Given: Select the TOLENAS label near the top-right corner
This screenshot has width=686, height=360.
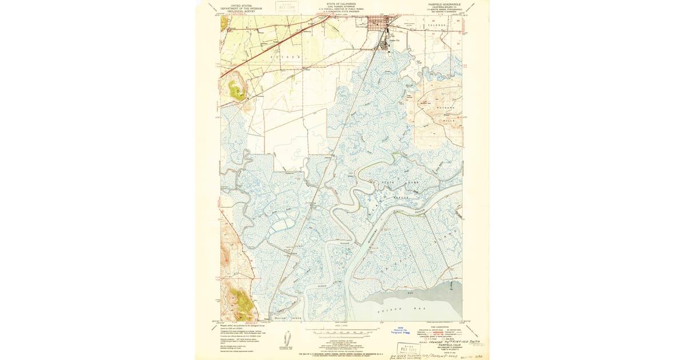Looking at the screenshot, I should point(437,25).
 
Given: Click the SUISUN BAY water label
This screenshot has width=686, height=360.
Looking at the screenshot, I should point(409,309).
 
